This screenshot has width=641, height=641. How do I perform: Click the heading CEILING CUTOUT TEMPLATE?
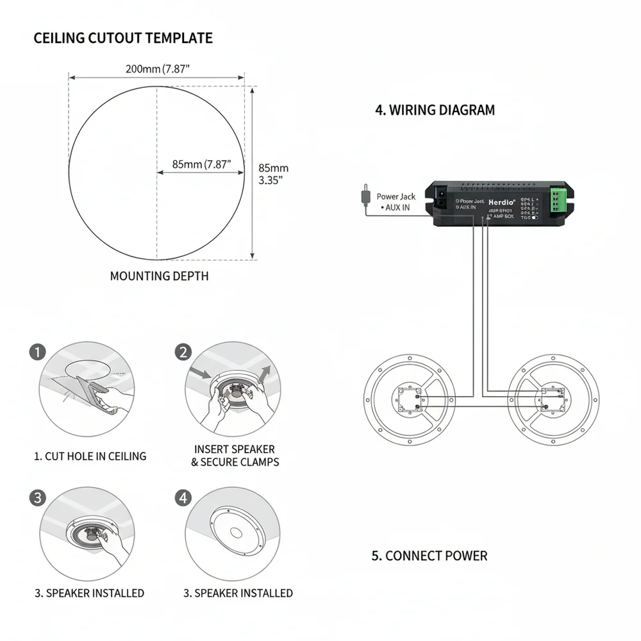coord(122,38)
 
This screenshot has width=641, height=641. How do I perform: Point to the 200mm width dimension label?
coord(158,69)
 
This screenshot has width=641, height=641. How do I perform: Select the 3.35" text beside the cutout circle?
coord(271,180)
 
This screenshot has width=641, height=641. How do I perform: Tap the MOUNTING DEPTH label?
coord(159,276)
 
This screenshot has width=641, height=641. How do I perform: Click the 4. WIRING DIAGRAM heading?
coord(435,110)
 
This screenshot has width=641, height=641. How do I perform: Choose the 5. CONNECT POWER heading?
coord(429,556)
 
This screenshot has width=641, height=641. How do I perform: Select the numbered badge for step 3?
coord(38,497)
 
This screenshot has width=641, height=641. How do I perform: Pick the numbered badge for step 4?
coord(183,497)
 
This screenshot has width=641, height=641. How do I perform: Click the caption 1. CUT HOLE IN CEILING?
coord(90,456)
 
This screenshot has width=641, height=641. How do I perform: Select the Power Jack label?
coord(395,197)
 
